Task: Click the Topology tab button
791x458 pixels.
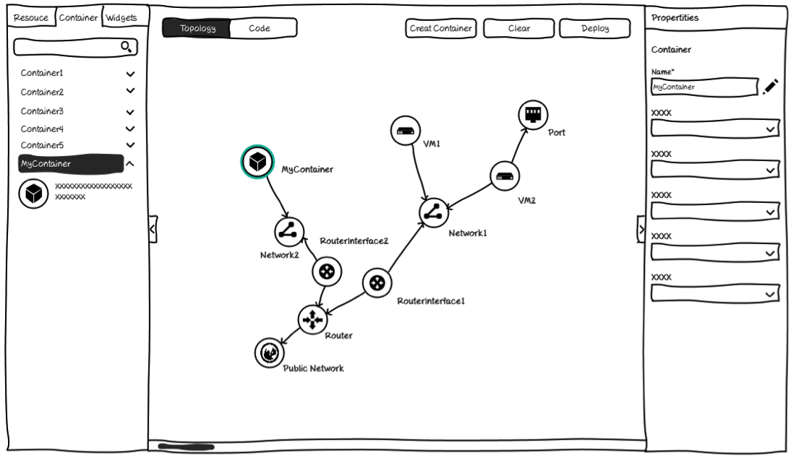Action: point(197,28)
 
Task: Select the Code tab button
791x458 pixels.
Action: point(263,28)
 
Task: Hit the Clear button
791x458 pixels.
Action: point(518,28)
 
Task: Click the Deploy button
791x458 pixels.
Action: point(595,28)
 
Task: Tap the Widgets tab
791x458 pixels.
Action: point(121,17)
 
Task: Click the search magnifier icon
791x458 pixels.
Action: point(126,47)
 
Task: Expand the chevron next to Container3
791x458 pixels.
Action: point(130,112)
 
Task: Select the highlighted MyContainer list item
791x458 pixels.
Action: point(71,164)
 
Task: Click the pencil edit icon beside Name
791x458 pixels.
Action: point(770,87)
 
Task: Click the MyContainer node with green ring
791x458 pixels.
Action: point(257,162)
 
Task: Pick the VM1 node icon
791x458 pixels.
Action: point(406,131)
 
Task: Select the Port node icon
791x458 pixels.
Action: point(533,115)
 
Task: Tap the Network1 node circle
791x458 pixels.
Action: point(433,212)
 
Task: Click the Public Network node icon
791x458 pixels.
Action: point(270,353)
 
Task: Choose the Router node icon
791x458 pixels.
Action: point(312,319)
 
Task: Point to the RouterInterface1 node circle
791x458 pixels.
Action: point(377,282)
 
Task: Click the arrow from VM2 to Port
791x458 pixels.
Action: point(520,145)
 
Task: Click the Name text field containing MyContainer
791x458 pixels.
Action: point(705,87)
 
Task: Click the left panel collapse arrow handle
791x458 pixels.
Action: point(153,229)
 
